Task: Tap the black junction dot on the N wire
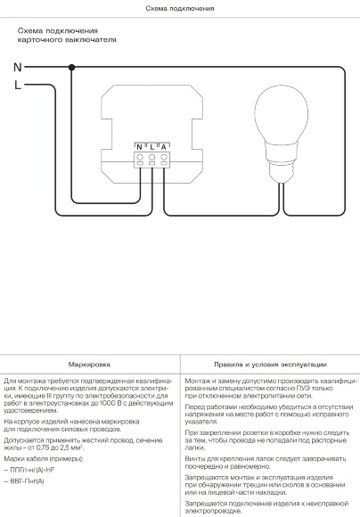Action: pos(73,67)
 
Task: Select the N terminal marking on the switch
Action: pos(140,145)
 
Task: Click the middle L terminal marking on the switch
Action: pos(152,145)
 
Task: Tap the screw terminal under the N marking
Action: pos(140,160)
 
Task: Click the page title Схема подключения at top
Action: pos(179,8)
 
